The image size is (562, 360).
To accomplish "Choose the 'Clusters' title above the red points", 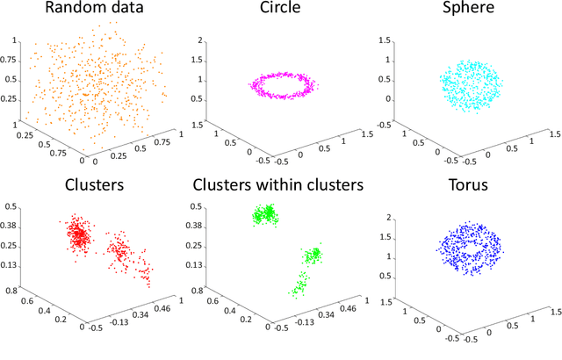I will click(x=93, y=187).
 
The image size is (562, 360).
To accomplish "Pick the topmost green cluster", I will click(x=264, y=214).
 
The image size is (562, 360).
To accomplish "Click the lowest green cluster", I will click(x=299, y=284).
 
